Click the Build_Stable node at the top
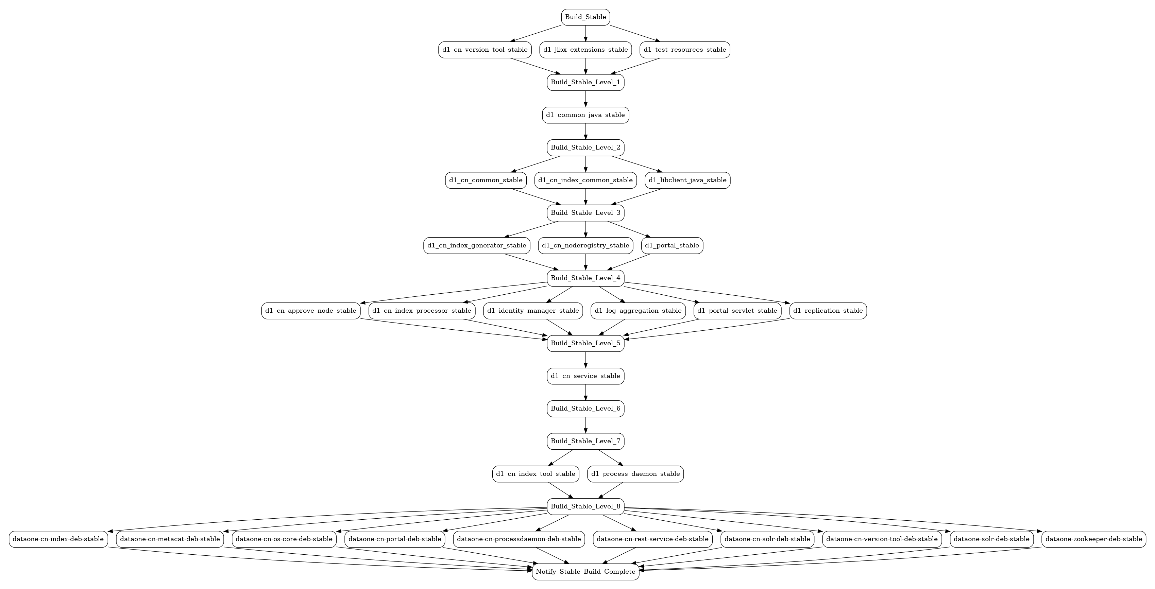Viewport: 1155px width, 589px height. (585, 17)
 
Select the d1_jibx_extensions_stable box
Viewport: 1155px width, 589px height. (585, 50)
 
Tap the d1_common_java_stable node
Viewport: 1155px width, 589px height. (585, 115)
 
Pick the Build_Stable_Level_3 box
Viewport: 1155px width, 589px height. (585, 212)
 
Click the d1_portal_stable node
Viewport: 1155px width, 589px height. (672, 245)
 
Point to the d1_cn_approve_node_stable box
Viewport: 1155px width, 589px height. (311, 311)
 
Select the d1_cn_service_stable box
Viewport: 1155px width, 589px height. (585, 376)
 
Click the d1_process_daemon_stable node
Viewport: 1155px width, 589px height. (635, 474)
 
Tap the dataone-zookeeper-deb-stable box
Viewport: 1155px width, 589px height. (1093, 539)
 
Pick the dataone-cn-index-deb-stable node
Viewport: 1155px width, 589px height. (58, 539)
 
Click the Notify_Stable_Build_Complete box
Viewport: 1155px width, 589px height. (585, 572)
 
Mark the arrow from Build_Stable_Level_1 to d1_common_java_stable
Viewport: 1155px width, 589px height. (585, 99)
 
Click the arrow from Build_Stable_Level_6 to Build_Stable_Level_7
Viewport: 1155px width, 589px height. (585, 425)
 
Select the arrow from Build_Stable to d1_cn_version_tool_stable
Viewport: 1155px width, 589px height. (536, 34)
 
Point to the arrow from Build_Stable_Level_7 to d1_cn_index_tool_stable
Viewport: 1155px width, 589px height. (561, 458)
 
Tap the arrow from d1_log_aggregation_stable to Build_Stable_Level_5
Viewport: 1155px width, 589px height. (612, 327)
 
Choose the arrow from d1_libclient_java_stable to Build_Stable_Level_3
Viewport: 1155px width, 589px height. (637, 196)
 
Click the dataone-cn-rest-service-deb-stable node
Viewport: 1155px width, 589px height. (652, 539)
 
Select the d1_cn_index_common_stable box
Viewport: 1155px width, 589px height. (585, 180)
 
